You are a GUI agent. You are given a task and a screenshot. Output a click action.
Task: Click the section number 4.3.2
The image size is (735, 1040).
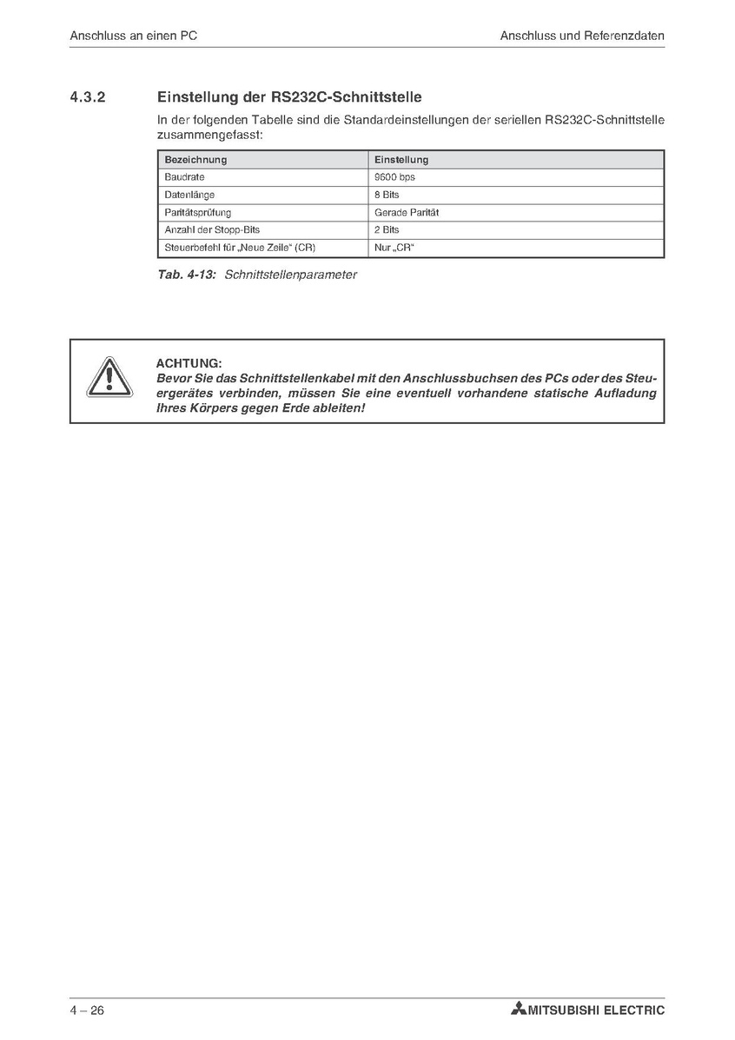coord(87,97)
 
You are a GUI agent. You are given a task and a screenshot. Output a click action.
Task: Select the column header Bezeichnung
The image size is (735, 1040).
coord(195,160)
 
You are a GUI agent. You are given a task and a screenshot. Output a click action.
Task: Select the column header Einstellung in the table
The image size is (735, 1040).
coord(401,160)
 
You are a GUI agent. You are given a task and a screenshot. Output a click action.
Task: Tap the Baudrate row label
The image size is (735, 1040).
coord(183,177)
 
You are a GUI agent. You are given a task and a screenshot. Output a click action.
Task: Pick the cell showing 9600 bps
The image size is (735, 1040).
coord(394,177)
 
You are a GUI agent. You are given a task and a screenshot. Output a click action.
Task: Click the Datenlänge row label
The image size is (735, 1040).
coord(189,195)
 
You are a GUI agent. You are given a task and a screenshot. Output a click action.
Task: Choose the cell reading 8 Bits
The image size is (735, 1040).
coord(387,195)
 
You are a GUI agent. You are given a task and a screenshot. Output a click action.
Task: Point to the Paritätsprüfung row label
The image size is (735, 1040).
coord(198,213)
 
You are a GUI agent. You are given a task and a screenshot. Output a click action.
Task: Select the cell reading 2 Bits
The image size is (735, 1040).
coord(387,230)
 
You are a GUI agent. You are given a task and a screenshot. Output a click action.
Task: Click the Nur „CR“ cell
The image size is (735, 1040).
coord(394,248)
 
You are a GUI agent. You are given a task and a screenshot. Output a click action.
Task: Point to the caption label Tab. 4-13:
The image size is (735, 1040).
coord(187,275)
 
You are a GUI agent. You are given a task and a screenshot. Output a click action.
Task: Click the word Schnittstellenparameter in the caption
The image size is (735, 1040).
coord(290,275)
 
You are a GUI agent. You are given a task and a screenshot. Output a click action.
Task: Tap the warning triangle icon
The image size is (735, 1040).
coord(109,379)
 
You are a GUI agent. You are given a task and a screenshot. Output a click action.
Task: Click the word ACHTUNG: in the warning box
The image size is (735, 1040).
coord(189,363)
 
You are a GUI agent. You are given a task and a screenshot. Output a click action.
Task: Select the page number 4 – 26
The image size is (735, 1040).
coord(87,1010)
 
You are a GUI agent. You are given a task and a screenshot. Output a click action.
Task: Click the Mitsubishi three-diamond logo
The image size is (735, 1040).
coord(520,1010)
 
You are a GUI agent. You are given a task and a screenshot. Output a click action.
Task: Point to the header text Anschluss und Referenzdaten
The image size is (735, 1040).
coord(582,36)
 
